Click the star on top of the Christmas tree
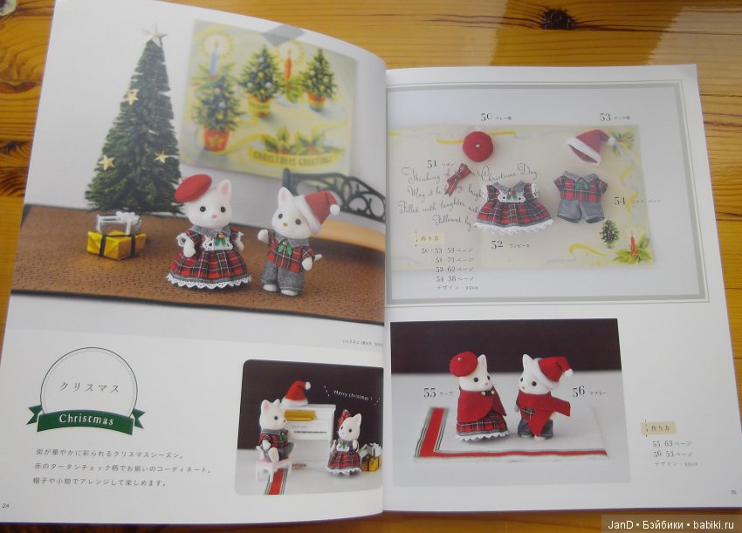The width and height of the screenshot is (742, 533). pyautogui.click(x=155, y=35)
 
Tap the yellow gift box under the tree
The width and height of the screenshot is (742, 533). pyautogui.click(x=116, y=243)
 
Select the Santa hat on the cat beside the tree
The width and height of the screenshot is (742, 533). pyautogui.click(x=319, y=208)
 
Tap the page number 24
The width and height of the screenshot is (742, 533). pyautogui.click(x=7, y=506)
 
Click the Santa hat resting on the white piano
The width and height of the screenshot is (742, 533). pyautogui.click(x=297, y=393)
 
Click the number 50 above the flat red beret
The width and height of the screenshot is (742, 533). pyautogui.click(x=486, y=117)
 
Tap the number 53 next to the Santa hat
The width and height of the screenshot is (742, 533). pyautogui.click(x=605, y=116)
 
